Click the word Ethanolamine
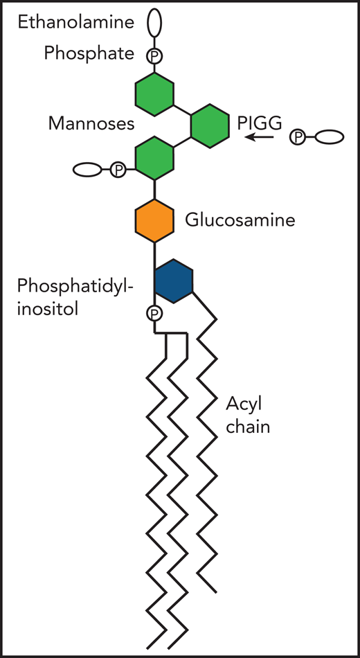tap(75, 23)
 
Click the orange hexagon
tap(154, 221)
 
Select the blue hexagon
tap(172, 281)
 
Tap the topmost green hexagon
tap(154, 96)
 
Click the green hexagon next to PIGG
tap(210, 125)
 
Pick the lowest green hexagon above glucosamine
tap(154, 157)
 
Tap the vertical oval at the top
tap(154, 22)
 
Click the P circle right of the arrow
tap(297, 137)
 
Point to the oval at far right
tap(330, 137)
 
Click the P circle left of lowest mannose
tap(118, 169)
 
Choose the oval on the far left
tap(87, 169)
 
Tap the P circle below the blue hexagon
tap(154, 314)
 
